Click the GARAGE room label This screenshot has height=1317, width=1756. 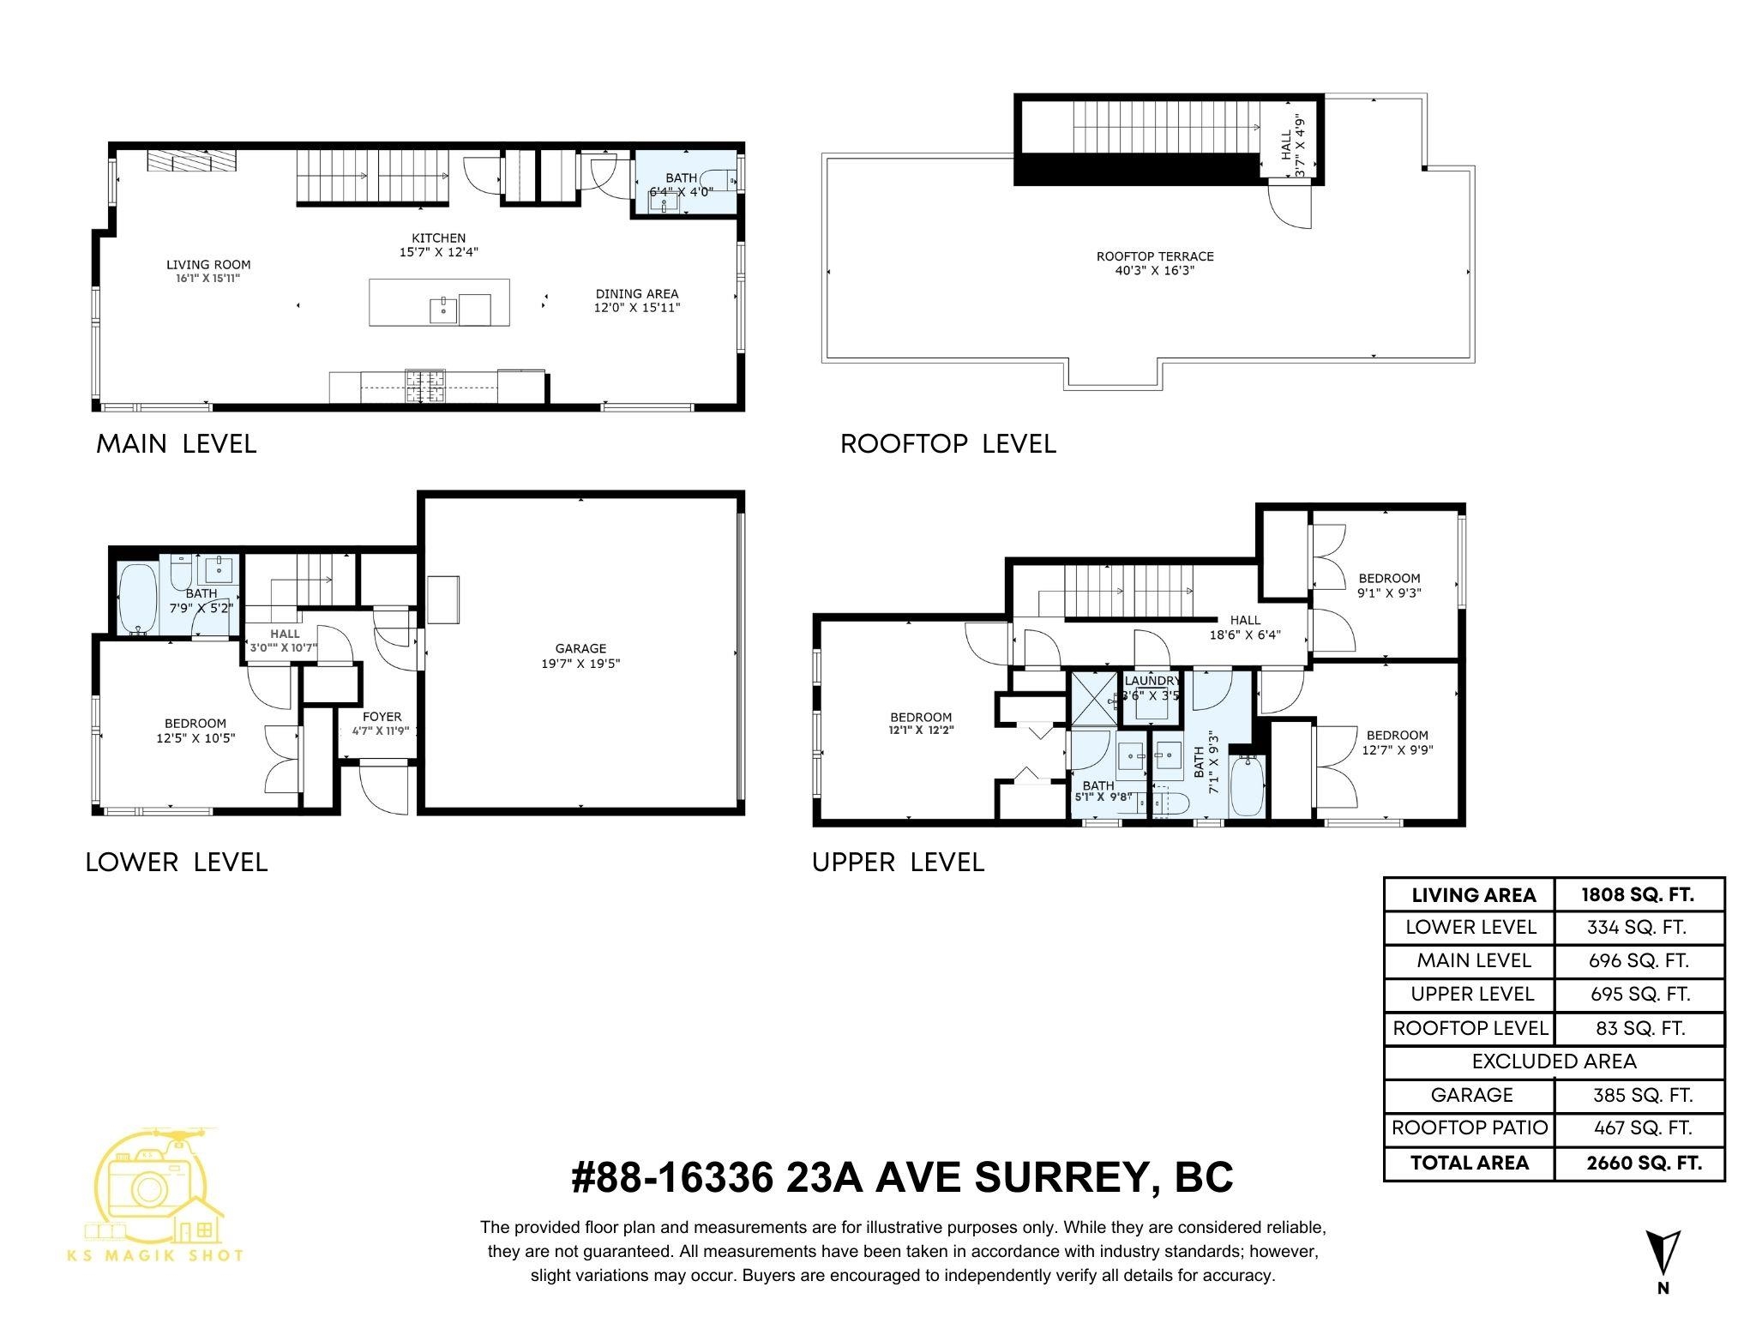(x=580, y=649)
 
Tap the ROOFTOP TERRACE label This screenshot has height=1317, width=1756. (x=1155, y=256)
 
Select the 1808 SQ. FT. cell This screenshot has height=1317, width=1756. (x=1638, y=895)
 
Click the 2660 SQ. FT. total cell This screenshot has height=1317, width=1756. (x=1638, y=1164)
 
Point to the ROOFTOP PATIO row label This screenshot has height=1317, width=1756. (x=1470, y=1128)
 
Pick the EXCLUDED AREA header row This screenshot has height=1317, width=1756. (x=1554, y=1061)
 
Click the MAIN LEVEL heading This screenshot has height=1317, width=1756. (x=176, y=444)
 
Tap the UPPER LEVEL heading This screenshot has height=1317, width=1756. (x=898, y=863)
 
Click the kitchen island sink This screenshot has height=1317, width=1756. (x=443, y=310)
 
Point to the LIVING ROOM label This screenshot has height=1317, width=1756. (x=208, y=265)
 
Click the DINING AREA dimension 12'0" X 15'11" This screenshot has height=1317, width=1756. (x=637, y=308)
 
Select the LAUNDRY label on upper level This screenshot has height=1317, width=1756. (x=1151, y=681)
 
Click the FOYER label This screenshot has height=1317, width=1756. (x=382, y=717)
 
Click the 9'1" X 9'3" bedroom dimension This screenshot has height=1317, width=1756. (x=1389, y=592)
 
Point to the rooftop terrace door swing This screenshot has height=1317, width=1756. (x=1290, y=208)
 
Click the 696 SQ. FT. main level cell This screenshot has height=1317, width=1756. (x=1638, y=961)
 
